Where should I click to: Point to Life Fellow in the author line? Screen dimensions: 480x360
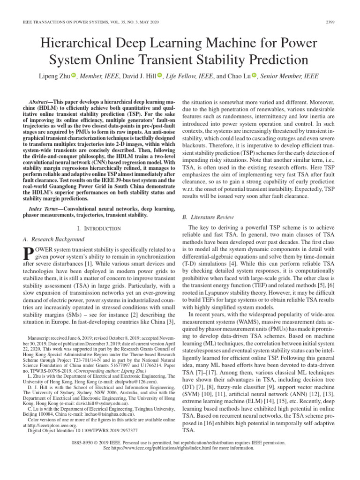(181, 75)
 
